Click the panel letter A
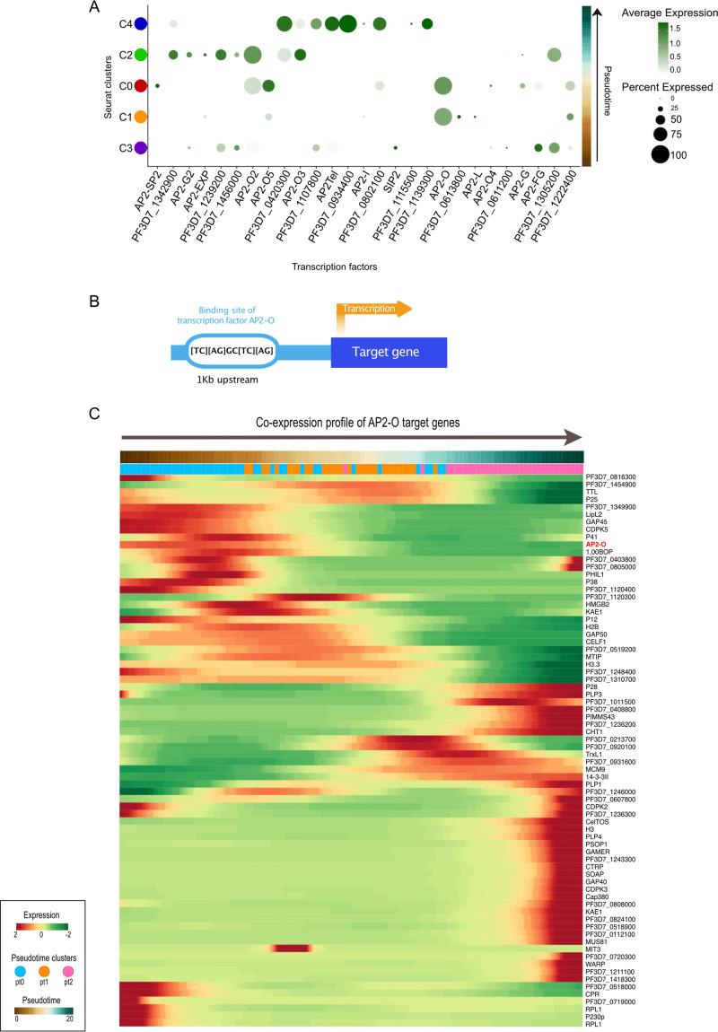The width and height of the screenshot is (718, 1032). (x=94, y=8)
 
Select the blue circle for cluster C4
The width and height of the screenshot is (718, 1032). (x=140, y=24)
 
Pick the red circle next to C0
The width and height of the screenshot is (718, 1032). (x=140, y=86)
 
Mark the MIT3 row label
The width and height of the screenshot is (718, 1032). (x=592, y=949)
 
